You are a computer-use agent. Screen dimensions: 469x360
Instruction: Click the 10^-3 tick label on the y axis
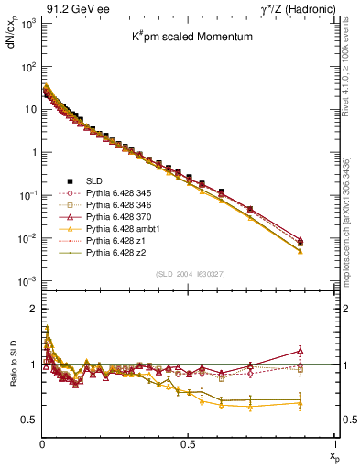18,281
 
